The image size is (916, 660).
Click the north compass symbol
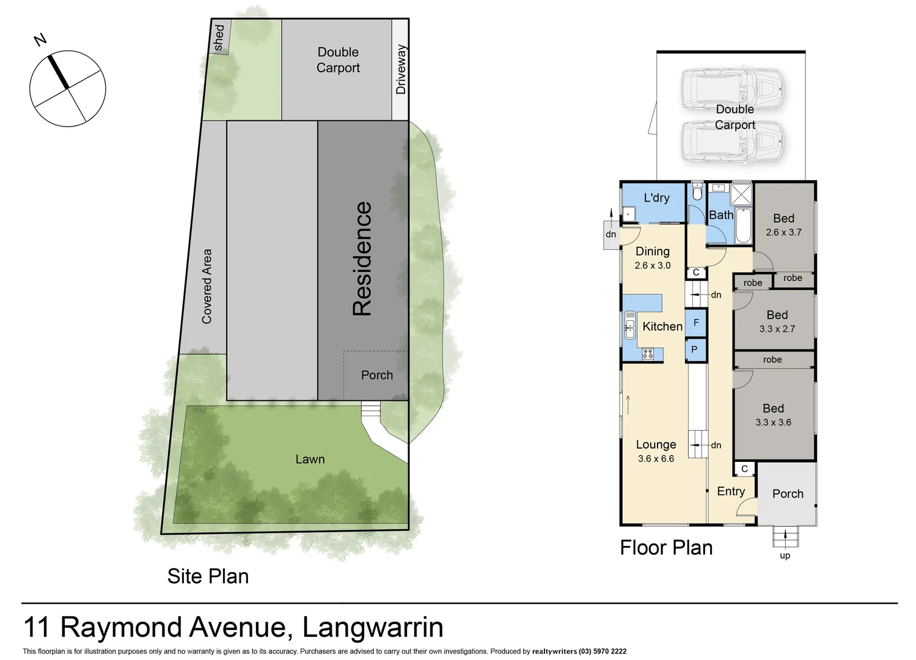click(67, 89)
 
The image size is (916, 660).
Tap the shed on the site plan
click(219, 38)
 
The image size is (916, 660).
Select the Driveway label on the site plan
click(401, 69)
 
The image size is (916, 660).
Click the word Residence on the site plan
click(362, 258)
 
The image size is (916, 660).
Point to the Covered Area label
click(207, 286)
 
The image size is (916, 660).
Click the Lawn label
click(310, 460)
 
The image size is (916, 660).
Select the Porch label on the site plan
click(376, 375)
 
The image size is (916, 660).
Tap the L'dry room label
click(656, 198)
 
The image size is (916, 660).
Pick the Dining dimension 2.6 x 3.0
click(652, 266)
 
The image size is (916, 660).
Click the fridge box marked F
click(695, 323)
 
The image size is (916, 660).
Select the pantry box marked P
click(695, 350)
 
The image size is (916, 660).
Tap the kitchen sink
click(629, 325)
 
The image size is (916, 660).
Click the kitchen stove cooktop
click(647, 353)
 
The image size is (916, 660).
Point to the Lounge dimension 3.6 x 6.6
click(656, 459)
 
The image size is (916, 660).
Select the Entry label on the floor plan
click(731, 491)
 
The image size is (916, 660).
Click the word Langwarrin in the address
click(373, 628)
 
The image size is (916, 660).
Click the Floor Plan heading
click(666, 548)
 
